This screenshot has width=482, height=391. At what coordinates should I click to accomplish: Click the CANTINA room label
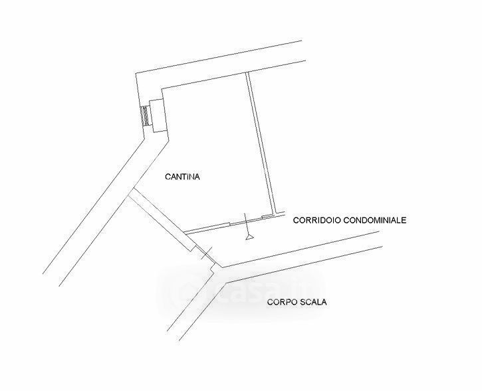point(182,177)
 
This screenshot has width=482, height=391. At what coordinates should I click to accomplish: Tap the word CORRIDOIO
point(316,219)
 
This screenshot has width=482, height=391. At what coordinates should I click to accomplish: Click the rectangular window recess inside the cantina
point(156,115)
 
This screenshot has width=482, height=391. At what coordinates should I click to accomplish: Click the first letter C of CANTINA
point(167,177)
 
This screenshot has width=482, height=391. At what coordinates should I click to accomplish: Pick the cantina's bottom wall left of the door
point(206,227)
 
